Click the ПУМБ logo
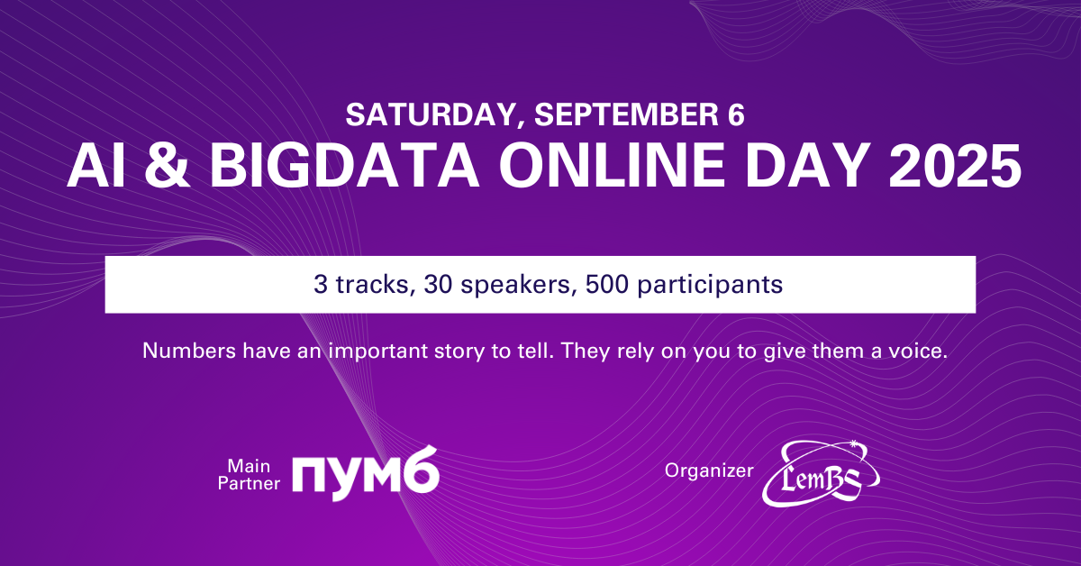(365, 471)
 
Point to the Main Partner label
(254, 474)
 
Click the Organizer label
(708, 470)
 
